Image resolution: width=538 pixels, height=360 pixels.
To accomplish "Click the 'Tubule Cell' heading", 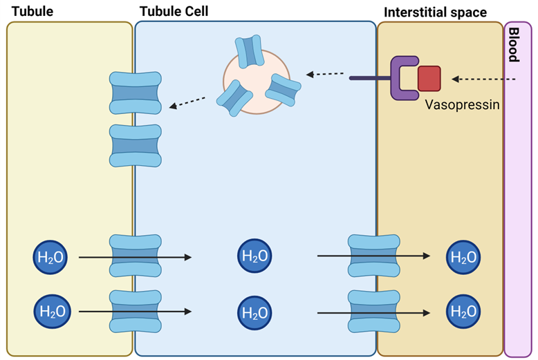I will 174,11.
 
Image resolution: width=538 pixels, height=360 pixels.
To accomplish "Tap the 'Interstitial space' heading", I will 435,12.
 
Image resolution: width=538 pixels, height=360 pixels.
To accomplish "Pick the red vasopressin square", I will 429,78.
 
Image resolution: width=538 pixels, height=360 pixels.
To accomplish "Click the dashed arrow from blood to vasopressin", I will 484,79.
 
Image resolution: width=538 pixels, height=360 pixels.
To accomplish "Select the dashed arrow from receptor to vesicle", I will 326,73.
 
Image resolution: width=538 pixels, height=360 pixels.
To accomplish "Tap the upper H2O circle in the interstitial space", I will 463,257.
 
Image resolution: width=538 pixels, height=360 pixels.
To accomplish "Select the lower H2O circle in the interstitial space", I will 463,311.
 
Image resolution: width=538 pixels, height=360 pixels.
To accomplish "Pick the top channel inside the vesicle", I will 249,50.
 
